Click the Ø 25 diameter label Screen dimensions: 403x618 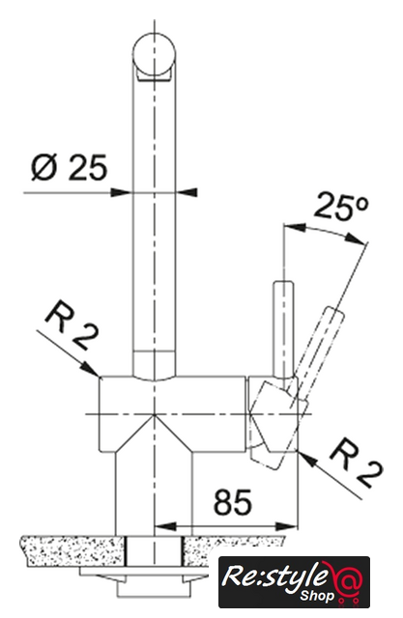pos(69,167)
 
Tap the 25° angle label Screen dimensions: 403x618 pos(341,206)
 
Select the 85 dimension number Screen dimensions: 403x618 pos(232,502)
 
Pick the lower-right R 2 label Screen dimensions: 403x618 pos(356,465)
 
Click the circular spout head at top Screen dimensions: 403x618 pos(154,56)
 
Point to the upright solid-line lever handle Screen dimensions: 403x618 pos(283,328)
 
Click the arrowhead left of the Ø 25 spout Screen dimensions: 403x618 pos(120,193)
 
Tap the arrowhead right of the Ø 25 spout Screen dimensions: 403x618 pos(187,193)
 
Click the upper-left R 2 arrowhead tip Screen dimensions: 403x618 pos(99,377)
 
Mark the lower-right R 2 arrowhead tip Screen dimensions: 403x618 pos(300,451)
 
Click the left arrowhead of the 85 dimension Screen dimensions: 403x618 pos(165,526)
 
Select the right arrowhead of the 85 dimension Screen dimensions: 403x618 pos(287,526)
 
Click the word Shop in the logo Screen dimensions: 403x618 pos(317,597)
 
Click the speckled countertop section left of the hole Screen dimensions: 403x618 pos(73,551)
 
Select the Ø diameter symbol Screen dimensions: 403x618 pos(44,167)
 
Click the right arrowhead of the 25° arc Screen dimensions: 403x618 pos(356,239)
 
